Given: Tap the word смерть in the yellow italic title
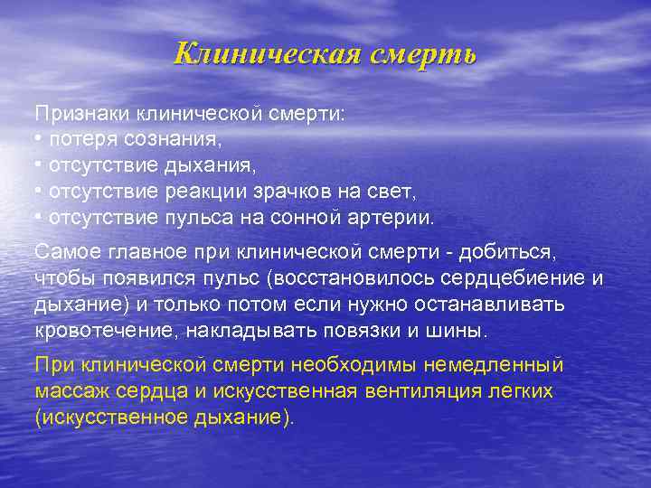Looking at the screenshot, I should [420, 54].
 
